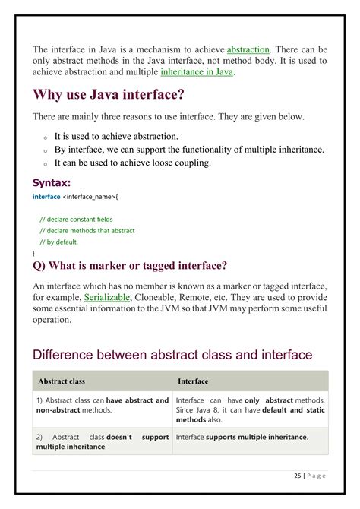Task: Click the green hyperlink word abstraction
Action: tap(248, 49)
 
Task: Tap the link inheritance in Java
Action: tap(197, 72)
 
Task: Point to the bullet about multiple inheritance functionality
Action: tap(189, 150)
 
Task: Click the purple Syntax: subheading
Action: tap(52, 182)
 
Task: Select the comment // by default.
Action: tap(58, 242)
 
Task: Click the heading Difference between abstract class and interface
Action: tap(172, 354)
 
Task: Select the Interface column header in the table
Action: tap(193, 381)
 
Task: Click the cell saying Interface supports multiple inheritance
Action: tap(242, 437)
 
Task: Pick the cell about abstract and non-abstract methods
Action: tap(103, 405)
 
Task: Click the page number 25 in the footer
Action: tap(296, 476)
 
